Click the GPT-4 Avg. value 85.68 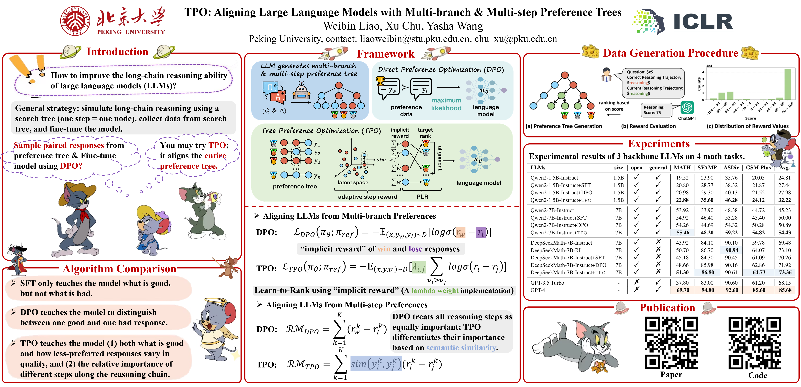tap(785, 290)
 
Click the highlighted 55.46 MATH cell tap(683, 233)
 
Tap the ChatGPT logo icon tap(687, 108)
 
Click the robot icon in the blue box tap(301, 92)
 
